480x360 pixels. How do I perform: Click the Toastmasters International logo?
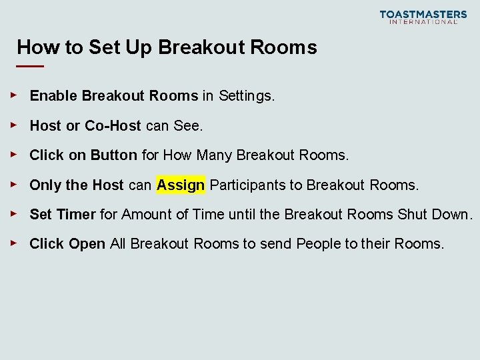(x=423, y=17)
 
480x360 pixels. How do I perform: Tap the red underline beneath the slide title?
(x=30, y=67)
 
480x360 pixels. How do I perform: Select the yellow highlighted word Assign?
(x=181, y=185)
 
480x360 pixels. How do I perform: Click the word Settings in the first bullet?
(x=245, y=96)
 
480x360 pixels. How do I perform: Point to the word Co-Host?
(x=113, y=126)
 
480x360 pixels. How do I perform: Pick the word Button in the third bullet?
(x=113, y=155)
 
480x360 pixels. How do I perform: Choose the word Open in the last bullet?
(x=87, y=244)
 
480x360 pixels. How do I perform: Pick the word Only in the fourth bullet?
(x=45, y=185)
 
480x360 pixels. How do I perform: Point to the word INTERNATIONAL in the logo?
(x=423, y=22)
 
